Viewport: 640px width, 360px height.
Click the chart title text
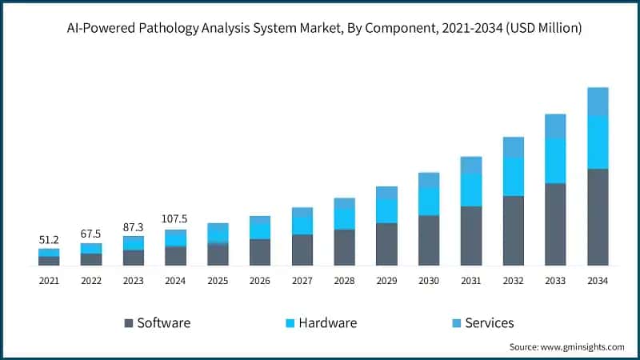(324, 28)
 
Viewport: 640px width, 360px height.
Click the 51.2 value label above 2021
(49, 239)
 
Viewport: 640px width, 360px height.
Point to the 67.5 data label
(90, 234)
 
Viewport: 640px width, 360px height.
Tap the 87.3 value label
(133, 227)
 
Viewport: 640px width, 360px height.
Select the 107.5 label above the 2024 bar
(174, 218)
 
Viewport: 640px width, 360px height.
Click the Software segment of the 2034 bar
(598, 217)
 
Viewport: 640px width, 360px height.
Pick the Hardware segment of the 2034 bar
(598, 142)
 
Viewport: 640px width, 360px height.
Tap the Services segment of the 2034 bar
(598, 102)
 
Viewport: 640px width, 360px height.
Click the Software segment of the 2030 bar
(429, 241)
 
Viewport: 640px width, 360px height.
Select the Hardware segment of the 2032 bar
(514, 177)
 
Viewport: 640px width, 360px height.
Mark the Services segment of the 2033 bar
(555, 126)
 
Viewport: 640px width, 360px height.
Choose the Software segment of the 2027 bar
(302, 250)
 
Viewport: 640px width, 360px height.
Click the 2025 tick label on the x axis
(218, 281)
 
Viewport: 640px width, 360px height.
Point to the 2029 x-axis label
(386, 281)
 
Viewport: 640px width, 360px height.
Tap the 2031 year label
(471, 281)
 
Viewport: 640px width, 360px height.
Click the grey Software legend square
(129, 323)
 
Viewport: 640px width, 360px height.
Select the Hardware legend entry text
(328, 323)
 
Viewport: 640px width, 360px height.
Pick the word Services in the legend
(490, 323)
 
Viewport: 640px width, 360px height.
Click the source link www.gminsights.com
(582, 347)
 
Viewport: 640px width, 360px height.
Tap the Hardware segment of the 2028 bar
(345, 218)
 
